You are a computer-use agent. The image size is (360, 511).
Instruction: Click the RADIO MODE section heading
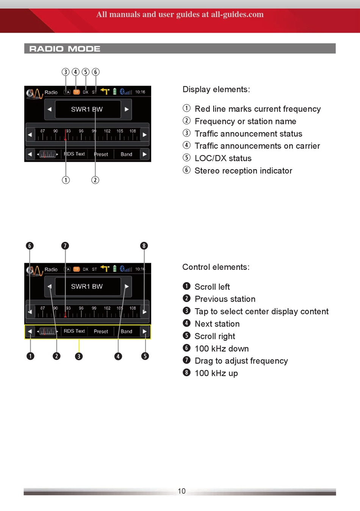(65, 49)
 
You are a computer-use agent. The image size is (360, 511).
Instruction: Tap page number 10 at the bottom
(182, 491)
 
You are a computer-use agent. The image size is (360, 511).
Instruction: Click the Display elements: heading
(216, 89)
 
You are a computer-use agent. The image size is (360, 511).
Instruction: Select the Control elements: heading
(216, 267)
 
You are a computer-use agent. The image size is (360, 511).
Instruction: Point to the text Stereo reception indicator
(243, 171)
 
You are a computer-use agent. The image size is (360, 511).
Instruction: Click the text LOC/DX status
(223, 158)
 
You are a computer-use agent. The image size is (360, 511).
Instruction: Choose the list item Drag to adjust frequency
(241, 361)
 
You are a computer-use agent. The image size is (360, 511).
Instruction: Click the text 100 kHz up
(216, 373)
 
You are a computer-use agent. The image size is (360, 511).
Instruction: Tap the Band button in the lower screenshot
(126, 331)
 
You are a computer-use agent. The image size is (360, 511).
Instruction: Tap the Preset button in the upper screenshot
(101, 154)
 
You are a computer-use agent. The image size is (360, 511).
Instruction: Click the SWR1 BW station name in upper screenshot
(87, 109)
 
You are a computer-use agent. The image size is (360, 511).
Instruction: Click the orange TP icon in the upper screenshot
(76, 92)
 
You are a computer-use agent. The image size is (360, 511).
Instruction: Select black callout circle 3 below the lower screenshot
(79, 356)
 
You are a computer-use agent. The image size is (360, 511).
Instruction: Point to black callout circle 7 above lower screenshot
(65, 246)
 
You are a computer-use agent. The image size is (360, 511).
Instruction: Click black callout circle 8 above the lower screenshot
(144, 246)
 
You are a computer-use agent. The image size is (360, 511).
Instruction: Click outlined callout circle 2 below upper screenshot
(95, 180)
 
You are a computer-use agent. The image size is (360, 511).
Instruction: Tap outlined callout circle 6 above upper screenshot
(95, 72)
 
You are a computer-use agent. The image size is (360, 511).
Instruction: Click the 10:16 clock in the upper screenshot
(140, 92)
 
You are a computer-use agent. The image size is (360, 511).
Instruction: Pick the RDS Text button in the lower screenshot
(74, 331)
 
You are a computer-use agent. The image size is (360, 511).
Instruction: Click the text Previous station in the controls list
(225, 299)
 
